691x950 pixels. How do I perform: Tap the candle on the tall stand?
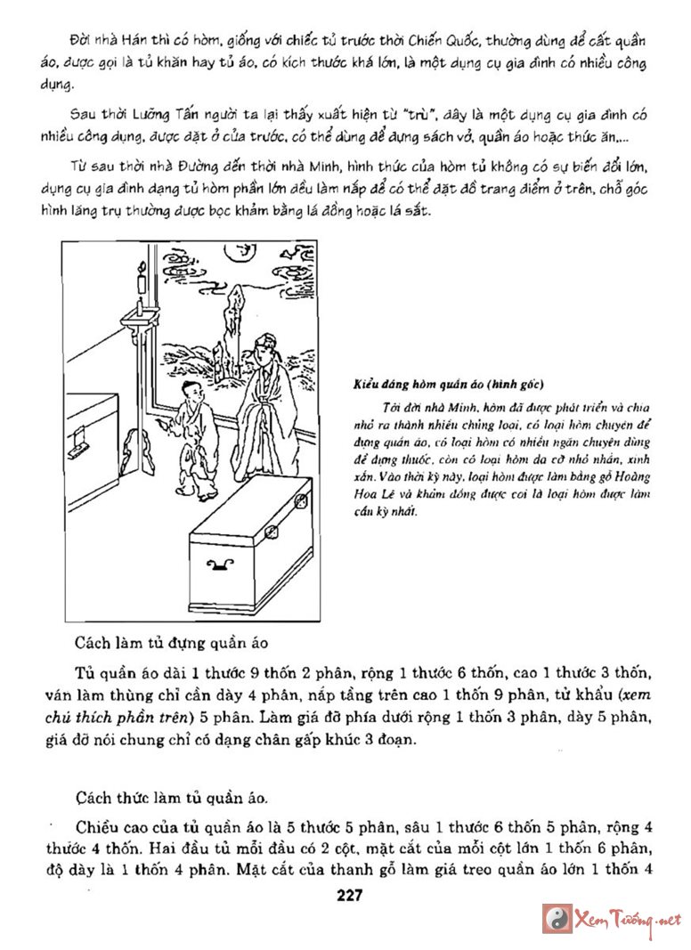(141, 283)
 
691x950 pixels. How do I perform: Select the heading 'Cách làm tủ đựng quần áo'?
(171, 642)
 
